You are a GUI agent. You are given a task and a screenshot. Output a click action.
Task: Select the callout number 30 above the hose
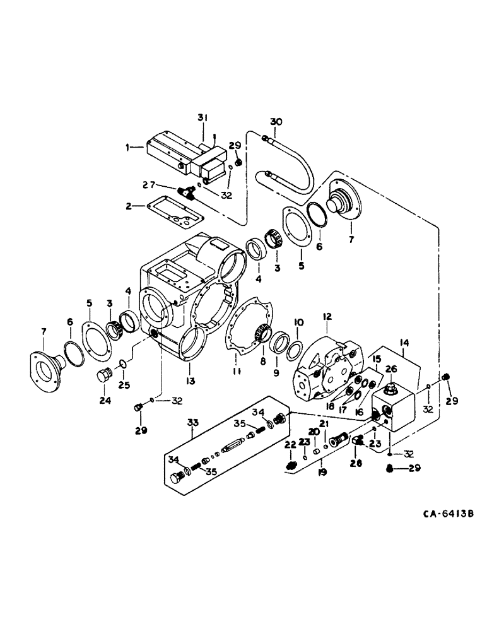tap(276, 121)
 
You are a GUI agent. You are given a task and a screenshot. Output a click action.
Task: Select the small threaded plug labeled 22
tap(291, 464)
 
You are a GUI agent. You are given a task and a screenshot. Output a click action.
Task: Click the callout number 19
tap(322, 471)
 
